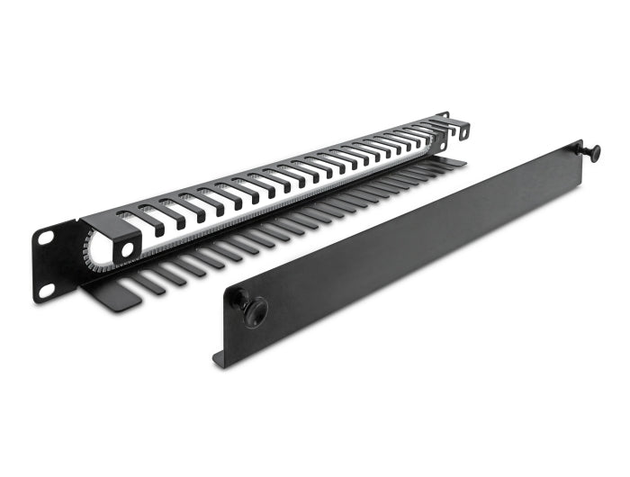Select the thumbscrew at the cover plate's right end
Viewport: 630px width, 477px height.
coord(592,153)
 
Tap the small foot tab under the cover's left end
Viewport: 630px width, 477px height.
coord(220,357)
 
